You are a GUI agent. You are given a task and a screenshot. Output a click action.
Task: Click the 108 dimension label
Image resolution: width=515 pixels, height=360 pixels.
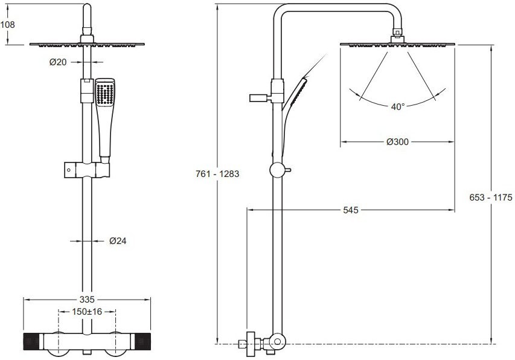[x=8, y=25]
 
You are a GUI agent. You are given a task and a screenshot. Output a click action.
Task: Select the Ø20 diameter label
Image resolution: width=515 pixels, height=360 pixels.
[x=58, y=62]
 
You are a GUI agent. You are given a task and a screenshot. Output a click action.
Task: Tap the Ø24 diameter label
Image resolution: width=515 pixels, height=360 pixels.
[x=118, y=241]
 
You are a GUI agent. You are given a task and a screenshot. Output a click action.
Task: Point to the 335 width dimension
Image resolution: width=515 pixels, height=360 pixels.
[x=87, y=300]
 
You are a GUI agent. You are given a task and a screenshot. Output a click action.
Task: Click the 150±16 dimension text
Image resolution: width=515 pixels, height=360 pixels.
[x=87, y=312]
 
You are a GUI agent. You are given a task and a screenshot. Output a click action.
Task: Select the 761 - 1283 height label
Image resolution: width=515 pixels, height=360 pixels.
[x=217, y=174]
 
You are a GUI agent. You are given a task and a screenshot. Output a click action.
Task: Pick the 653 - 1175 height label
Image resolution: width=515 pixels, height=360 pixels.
[x=491, y=198]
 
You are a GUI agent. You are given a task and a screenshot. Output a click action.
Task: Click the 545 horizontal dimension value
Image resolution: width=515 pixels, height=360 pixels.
[x=351, y=210]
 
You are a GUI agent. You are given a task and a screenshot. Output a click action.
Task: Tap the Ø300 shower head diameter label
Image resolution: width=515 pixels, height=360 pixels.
[x=398, y=142]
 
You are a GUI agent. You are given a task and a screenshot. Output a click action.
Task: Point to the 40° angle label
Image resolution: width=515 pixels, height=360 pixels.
[x=398, y=107]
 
